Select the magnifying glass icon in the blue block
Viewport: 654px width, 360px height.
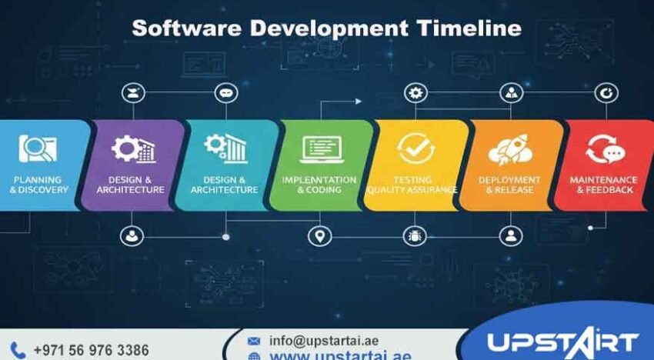38,148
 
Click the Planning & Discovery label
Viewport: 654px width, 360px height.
38,185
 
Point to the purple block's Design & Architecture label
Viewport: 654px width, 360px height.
131,185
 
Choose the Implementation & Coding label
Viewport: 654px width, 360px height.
319,185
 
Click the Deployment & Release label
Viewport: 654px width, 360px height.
509,185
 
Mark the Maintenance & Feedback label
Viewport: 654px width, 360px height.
604,185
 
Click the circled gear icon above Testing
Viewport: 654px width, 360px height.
416,93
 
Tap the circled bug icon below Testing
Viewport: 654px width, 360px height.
416,235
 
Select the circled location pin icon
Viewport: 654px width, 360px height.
319,236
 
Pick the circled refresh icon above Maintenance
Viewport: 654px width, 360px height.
607,93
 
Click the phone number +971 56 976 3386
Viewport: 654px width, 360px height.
91,350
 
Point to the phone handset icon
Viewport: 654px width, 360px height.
19,350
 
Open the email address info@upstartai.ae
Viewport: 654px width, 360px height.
324,340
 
